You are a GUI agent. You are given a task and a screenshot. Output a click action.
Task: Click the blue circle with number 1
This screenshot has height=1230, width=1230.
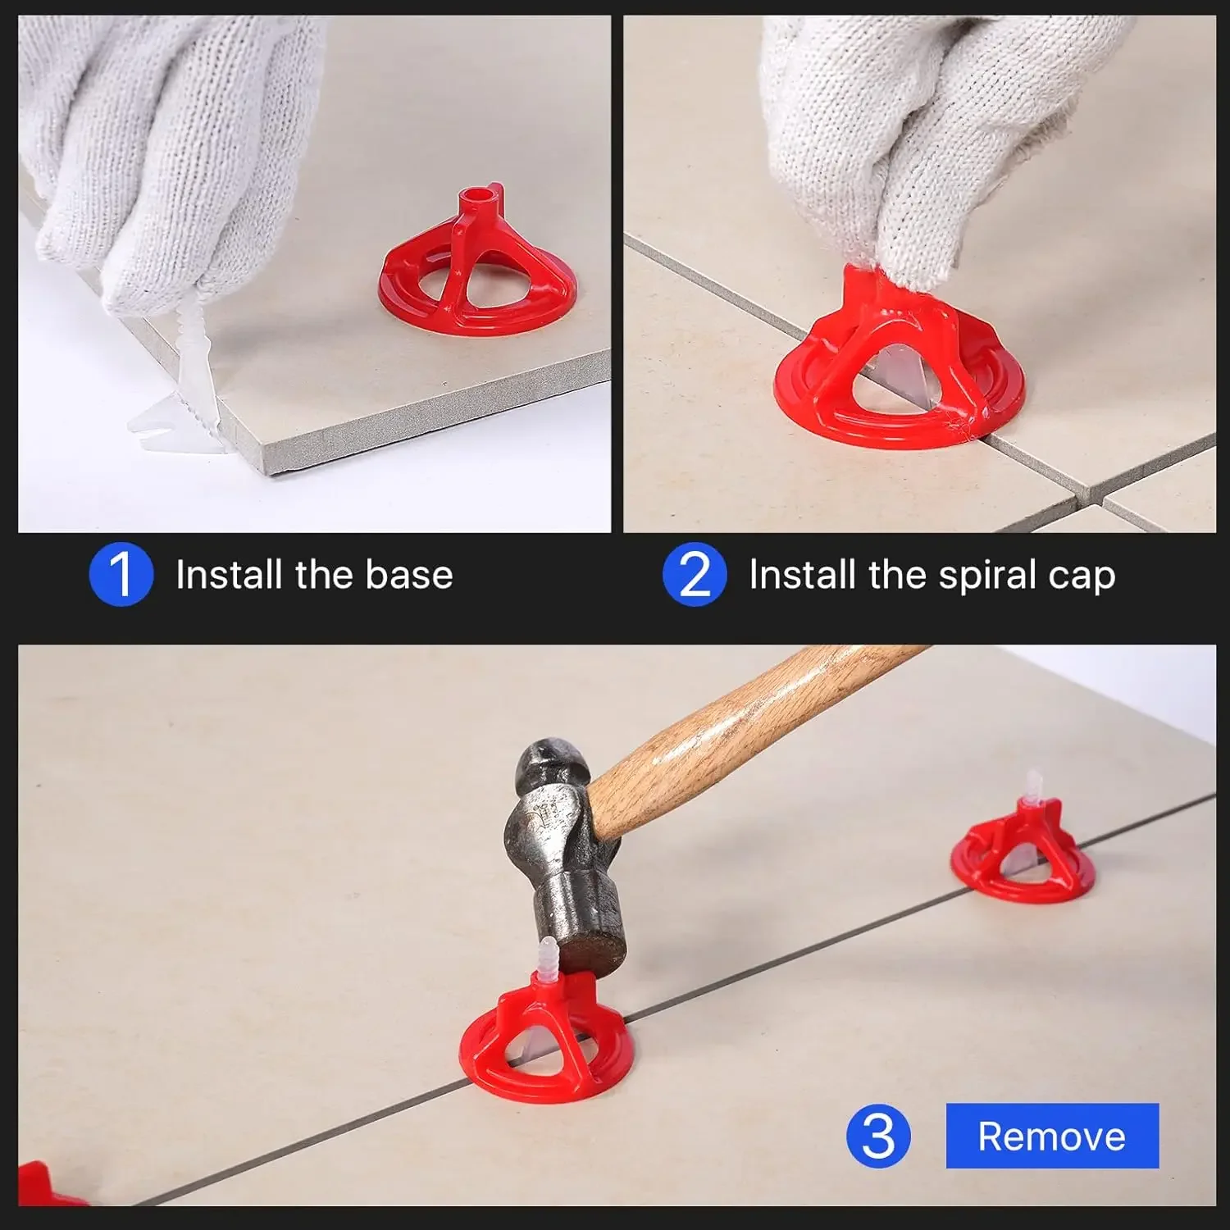coord(121,574)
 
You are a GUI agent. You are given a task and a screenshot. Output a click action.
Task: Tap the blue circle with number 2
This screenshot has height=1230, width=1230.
coord(695,574)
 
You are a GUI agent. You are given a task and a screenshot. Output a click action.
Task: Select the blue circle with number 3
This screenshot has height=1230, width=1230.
coord(878,1136)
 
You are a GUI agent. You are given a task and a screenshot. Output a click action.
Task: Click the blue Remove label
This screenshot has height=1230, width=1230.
coord(1052,1136)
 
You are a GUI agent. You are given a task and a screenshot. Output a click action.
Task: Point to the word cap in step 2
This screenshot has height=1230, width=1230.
coord(1081,576)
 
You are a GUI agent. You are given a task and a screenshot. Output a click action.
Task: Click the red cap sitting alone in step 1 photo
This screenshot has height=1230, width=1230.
coord(477,271)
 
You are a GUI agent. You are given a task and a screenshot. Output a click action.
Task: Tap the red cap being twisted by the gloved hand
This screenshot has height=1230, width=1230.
coord(898,369)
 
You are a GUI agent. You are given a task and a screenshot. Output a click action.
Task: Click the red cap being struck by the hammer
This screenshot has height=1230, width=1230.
coord(545,1041)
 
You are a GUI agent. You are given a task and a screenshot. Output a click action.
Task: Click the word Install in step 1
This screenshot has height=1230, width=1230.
coord(228,575)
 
